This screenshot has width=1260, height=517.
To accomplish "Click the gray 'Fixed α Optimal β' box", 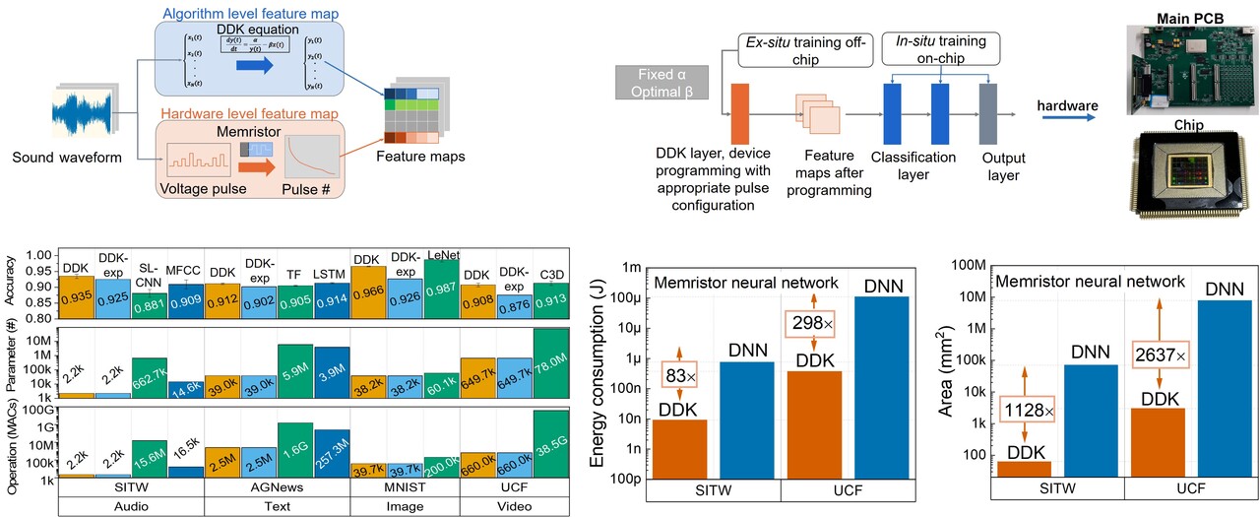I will pos(655,84).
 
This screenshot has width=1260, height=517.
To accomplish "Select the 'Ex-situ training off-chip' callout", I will pos(805,51).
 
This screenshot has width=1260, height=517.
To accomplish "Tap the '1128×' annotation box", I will pos(1027,408).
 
